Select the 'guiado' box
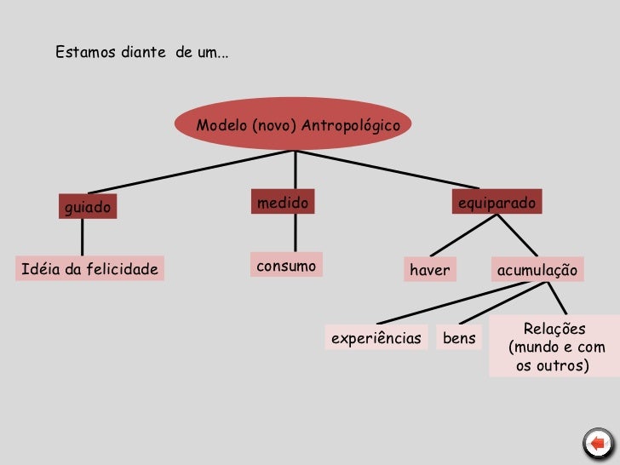coord(87,207)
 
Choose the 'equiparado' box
coord(497,203)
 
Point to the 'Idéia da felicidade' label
coord(89,270)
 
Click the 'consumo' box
coord(286,266)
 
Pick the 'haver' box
coord(429,270)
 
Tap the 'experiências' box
coord(376,338)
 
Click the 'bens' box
coord(460,338)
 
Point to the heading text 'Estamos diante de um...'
coord(141,53)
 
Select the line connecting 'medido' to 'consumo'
coord(295,232)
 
